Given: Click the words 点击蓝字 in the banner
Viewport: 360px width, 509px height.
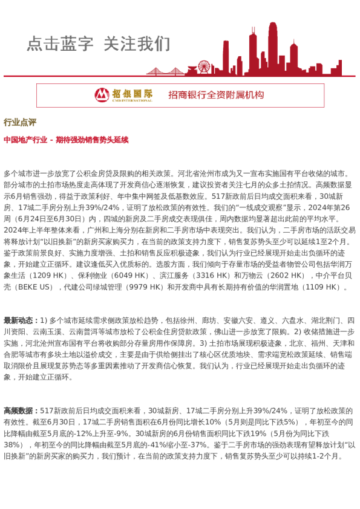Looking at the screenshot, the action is click(x=60, y=44).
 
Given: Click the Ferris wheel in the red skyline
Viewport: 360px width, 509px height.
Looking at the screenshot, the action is click(x=204, y=66).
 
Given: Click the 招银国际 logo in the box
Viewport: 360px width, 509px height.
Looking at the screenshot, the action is click(x=123, y=95).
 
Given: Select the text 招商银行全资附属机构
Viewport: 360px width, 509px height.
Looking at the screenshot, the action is click(x=216, y=95).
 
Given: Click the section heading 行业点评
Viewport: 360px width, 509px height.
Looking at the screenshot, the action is click(x=20, y=122).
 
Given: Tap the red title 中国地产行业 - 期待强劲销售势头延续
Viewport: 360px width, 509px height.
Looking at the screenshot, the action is click(x=66, y=140).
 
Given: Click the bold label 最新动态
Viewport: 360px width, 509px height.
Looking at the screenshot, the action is click(x=21, y=320).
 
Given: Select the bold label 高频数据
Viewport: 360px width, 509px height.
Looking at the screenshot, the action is click(x=21, y=410).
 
